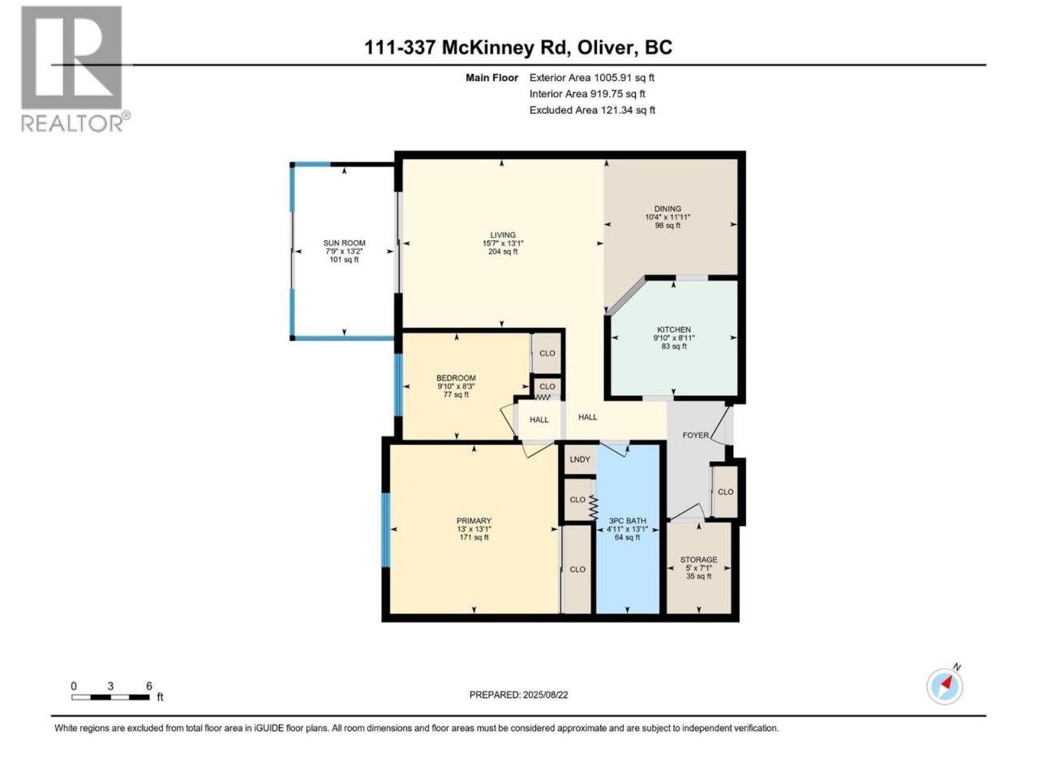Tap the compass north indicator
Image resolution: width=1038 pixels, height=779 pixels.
click(945, 686)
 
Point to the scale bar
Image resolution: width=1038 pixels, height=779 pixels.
click(110, 697)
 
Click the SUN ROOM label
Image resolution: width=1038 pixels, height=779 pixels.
click(345, 243)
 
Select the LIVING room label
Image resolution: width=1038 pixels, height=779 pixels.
click(503, 235)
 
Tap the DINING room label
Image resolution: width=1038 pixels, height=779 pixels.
click(667, 209)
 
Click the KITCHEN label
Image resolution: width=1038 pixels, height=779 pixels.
click(674, 329)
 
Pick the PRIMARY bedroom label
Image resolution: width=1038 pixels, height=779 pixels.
click(474, 521)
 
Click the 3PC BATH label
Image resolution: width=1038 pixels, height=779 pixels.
click(627, 521)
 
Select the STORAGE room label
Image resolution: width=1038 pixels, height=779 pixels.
click(698, 560)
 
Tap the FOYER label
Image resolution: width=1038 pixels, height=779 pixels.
click(696, 435)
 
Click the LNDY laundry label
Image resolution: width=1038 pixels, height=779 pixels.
click(580, 459)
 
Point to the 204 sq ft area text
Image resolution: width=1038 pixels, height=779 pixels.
click(503, 252)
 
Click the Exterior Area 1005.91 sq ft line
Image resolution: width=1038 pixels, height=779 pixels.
click(592, 78)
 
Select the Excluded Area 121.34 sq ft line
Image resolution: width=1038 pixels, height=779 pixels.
click(592, 110)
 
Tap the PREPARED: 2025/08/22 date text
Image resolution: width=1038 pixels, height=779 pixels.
click(519, 695)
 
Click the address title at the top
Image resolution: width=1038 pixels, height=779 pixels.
click(518, 48)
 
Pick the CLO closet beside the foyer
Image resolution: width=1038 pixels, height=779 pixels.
click(726, 492)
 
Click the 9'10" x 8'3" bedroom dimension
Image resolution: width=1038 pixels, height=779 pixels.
click(456, 386)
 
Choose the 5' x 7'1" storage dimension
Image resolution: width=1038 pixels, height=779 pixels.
click(698, 568)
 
